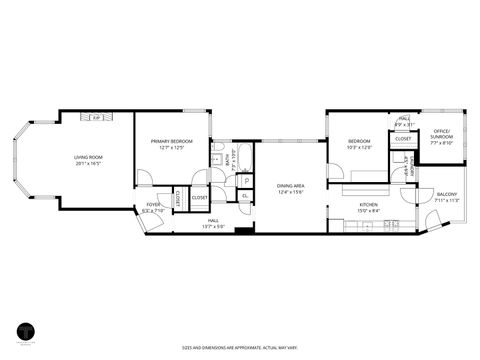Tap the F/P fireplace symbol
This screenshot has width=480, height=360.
[96, 118]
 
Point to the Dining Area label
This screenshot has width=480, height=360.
[290, 186]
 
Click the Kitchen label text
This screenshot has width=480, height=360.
[369, 204]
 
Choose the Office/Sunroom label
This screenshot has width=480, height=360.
[441, 134]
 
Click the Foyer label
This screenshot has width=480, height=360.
[152, 206]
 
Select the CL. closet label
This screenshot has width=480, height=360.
[245, 195]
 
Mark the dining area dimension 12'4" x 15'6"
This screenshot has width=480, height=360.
[290, 192]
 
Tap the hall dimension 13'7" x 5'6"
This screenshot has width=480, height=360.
[214, 225]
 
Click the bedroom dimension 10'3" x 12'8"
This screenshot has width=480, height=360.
[360, 148]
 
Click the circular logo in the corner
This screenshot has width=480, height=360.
[25, 333]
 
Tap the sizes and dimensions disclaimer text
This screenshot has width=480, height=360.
[240, 347]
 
